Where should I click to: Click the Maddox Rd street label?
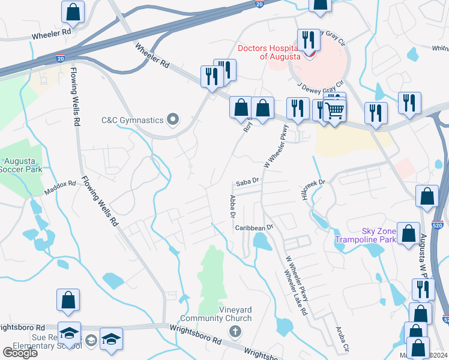point(60,188)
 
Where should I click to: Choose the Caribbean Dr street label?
point(254,227)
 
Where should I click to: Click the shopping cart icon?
point(335,110)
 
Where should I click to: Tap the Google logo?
point(20,352)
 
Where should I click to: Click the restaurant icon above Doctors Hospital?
point(309,40)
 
